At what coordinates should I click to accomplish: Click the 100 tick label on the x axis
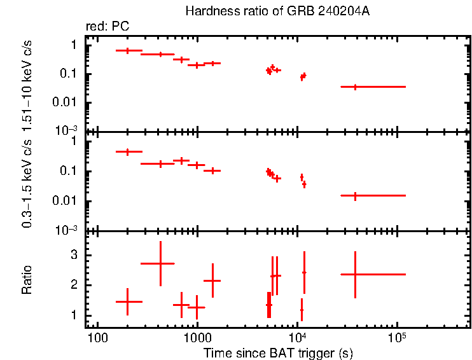click(97, 336)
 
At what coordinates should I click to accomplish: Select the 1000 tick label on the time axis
click(197, 336)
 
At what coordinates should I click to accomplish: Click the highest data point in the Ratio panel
click(160, 263)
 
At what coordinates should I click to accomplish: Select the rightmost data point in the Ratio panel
click(355, 274)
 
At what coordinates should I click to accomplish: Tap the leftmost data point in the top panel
click(128, 50)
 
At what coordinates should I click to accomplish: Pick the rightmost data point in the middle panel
click(355, 196)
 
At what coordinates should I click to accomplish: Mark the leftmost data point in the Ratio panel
click(128, 301)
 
